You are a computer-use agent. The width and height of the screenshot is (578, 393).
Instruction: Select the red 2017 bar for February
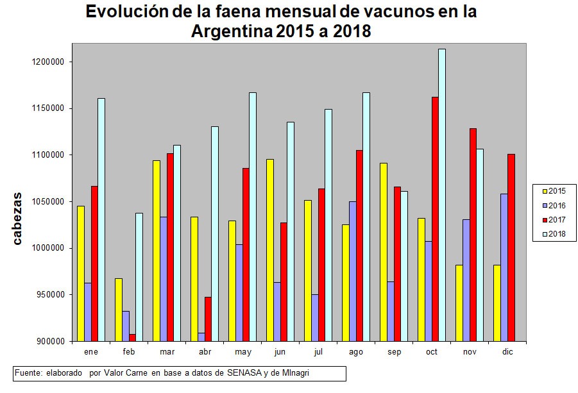pos(132,337)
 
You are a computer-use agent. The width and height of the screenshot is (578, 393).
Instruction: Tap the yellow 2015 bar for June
pos(269,250)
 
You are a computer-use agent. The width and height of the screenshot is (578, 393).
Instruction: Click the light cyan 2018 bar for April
pos(215,233)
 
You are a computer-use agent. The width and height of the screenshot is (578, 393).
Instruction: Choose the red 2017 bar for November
pos(473,235)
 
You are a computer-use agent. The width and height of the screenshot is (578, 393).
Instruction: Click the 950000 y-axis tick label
pos(51,295)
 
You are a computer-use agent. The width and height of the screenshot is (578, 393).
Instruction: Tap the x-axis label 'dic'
pos(507,352)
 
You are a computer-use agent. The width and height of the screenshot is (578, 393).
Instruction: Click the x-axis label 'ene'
pos(90,352)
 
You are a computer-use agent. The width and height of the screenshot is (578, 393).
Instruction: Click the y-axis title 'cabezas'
pos(19,218)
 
